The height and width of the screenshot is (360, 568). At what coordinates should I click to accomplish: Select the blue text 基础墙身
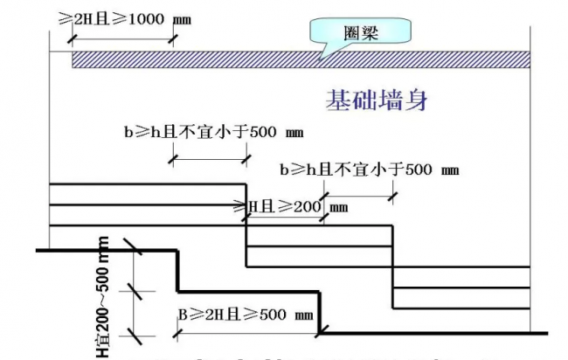378,100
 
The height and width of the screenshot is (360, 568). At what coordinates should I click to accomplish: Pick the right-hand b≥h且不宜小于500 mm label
367,169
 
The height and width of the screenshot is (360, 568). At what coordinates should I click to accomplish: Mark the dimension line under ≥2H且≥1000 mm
122,37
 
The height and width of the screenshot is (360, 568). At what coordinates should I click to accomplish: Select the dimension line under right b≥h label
358,195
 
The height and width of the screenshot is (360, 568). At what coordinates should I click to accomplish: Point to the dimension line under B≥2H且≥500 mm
247,334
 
